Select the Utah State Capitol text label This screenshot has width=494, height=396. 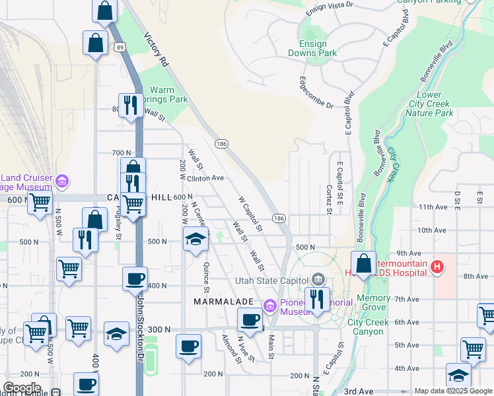pos(272,280)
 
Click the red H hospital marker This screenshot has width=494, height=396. pos(436,267)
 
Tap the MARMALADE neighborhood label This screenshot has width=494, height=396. pos(223,301)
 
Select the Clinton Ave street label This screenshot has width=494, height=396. pos(205,178)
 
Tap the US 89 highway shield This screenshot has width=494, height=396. pos(118,47)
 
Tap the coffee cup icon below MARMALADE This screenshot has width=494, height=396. pos(250,320)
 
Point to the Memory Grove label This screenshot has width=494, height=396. pos(373,303)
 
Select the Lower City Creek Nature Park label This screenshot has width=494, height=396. pos(429,104)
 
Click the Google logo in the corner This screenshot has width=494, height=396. pos(21,388)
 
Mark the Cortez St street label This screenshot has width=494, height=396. pos(328,199)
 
